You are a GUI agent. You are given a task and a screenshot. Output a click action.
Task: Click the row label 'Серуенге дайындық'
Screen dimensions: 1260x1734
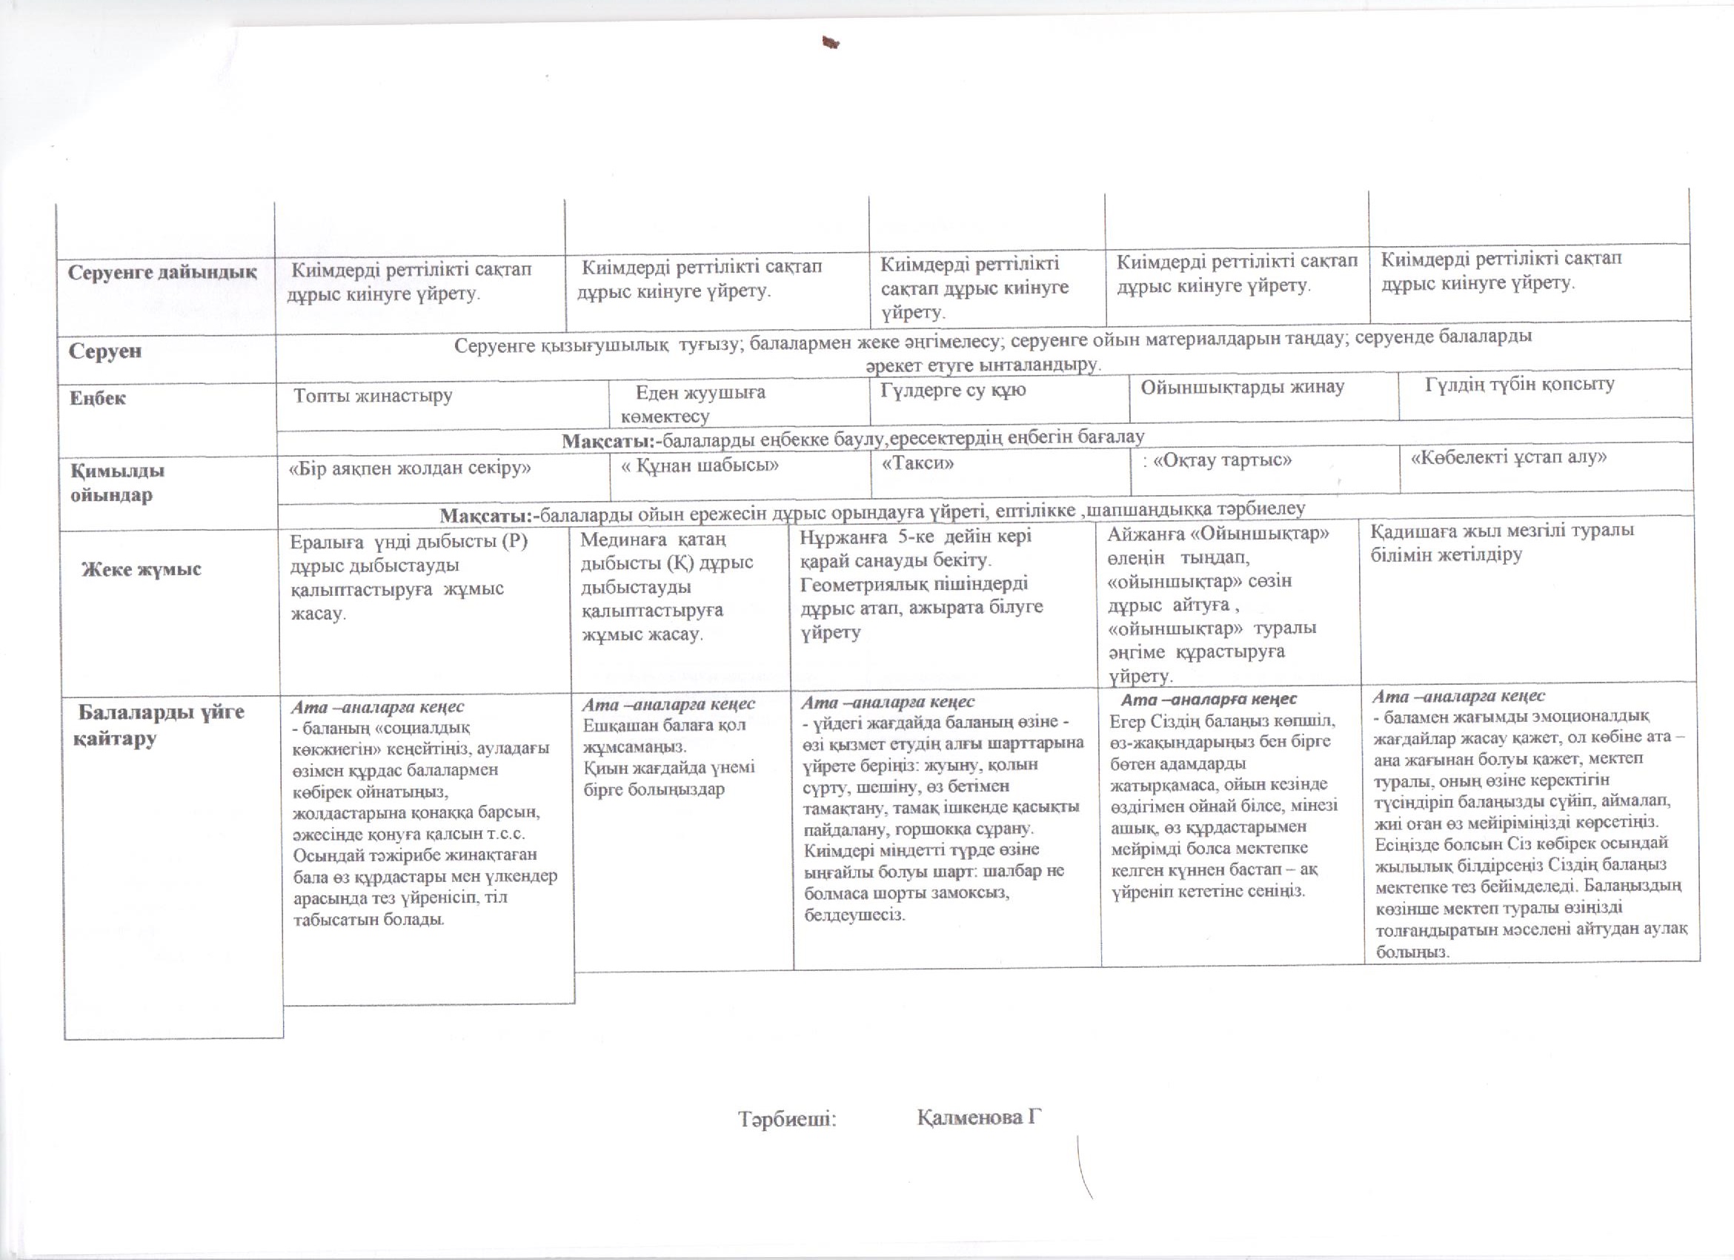(162, 273)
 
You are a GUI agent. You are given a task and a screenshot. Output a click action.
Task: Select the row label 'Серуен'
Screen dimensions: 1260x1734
(105, 351)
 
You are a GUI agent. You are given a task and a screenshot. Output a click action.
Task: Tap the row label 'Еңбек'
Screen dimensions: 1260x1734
(98, 398)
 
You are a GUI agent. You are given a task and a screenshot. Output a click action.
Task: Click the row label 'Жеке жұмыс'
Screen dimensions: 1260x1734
(142, 568)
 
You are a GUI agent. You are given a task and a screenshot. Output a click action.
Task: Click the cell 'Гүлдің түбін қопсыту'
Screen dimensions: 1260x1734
(1519, 384)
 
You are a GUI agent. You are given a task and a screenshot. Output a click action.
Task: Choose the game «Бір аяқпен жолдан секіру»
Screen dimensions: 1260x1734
(409, 468)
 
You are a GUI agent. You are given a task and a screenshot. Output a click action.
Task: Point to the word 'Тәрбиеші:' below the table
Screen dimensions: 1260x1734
(787, 1119)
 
